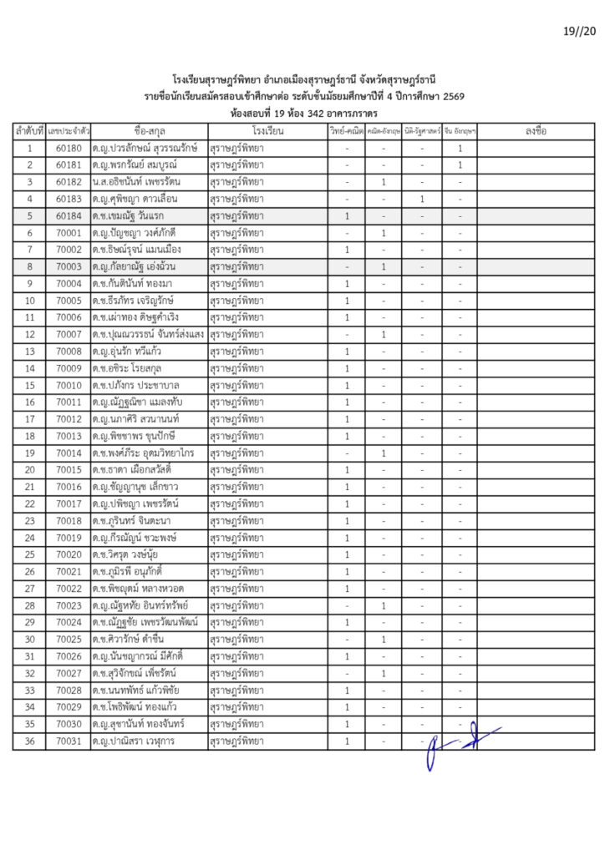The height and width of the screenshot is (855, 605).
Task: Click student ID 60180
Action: point(69,149)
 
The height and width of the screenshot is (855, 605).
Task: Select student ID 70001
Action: point(69,233)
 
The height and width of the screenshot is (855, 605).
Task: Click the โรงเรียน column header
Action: point(267,132)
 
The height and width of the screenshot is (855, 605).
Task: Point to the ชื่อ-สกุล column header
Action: point(150,132)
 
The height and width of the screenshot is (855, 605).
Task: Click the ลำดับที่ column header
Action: point(29,132)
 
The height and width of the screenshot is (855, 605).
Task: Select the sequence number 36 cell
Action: point(29,741)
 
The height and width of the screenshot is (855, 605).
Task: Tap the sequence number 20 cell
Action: point(29,469)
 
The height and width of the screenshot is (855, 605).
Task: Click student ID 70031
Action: point(69,741)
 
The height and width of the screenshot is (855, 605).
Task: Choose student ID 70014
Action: point(69,453)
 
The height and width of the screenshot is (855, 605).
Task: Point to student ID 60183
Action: point(69,199)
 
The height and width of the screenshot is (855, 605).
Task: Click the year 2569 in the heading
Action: point(453,97)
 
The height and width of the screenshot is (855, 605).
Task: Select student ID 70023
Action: point(69,605)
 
